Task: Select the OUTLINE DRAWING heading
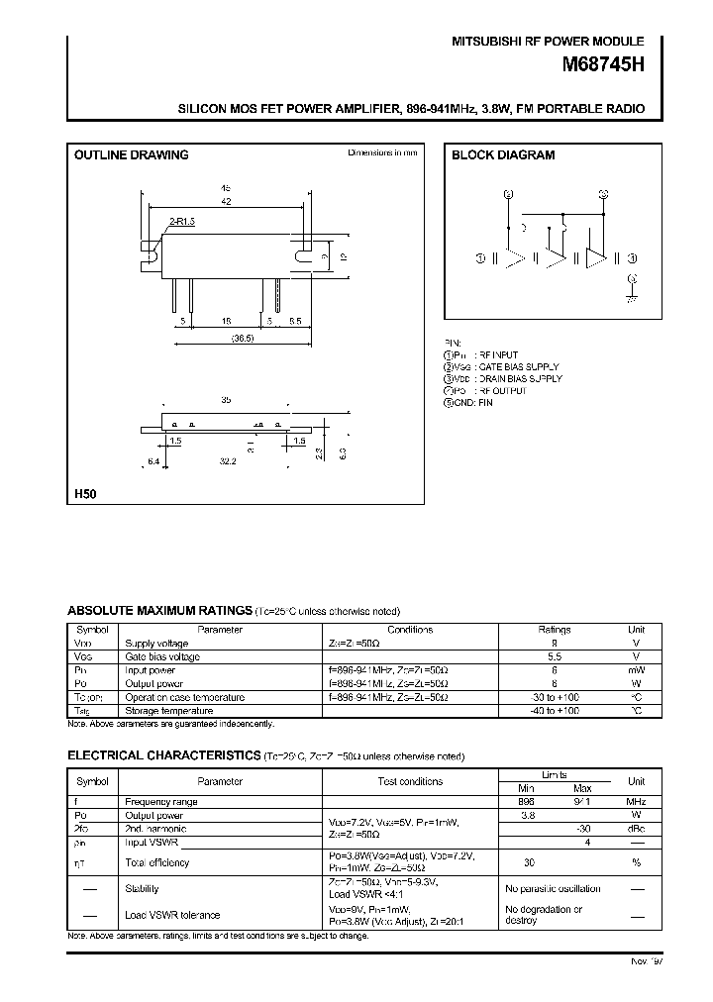click(132, 155)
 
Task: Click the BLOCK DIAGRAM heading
click(503, 155)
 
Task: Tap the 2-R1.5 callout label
click(181, 224)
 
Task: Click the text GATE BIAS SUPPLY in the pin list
click(520, 366)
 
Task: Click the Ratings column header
click(555, 629)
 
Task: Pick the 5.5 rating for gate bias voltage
click(555, 656)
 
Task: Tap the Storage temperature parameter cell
click(168, 710)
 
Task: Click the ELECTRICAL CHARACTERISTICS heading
click(163, 755)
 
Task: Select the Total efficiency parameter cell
click(156, 862)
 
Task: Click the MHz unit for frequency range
click(636, 800)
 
